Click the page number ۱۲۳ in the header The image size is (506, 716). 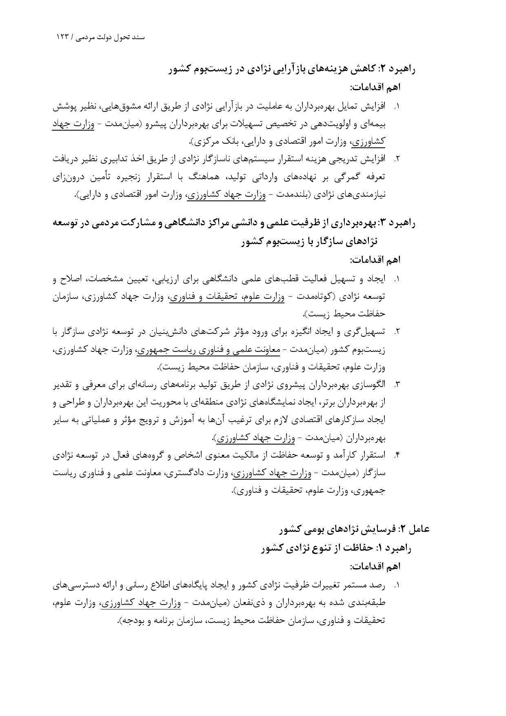coord(64,37)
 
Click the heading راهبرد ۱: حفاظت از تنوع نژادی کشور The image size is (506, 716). coord(337,548)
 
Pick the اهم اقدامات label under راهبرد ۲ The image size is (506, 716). coord(375,87)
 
